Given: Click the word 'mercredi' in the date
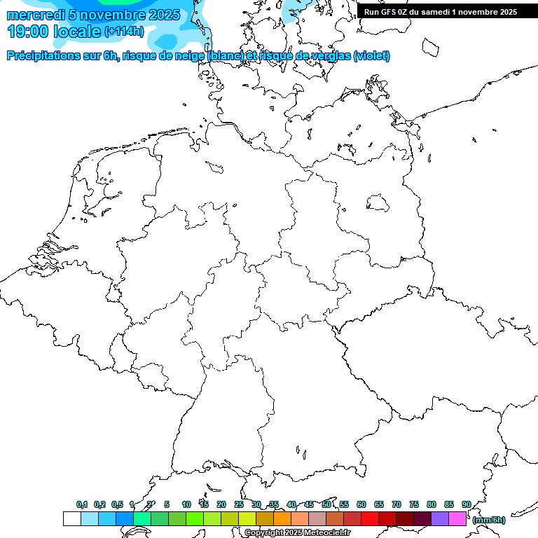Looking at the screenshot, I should click(36, 15).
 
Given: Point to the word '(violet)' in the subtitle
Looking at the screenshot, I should click(372, 56).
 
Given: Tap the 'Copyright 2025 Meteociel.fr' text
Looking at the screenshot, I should click(297, 532).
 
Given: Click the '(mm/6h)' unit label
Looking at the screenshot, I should click(488, 520).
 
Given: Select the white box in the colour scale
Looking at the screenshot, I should click(71, 518).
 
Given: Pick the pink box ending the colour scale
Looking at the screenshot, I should click(457, 518).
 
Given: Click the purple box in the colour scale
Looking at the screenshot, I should click(440, 518).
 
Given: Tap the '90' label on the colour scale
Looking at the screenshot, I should click(466, 504).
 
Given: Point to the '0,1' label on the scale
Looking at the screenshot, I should click(82, 504).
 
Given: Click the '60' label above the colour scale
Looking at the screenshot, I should click(361, 504).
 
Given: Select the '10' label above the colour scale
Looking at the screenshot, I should click(186, 504).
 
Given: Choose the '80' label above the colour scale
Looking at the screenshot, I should click(432, 504).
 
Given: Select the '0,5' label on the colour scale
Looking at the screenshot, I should click(117, 504).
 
